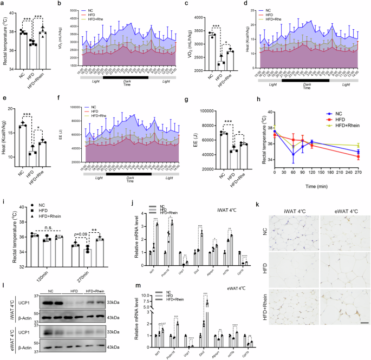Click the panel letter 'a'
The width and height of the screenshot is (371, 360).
coord(3,5)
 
